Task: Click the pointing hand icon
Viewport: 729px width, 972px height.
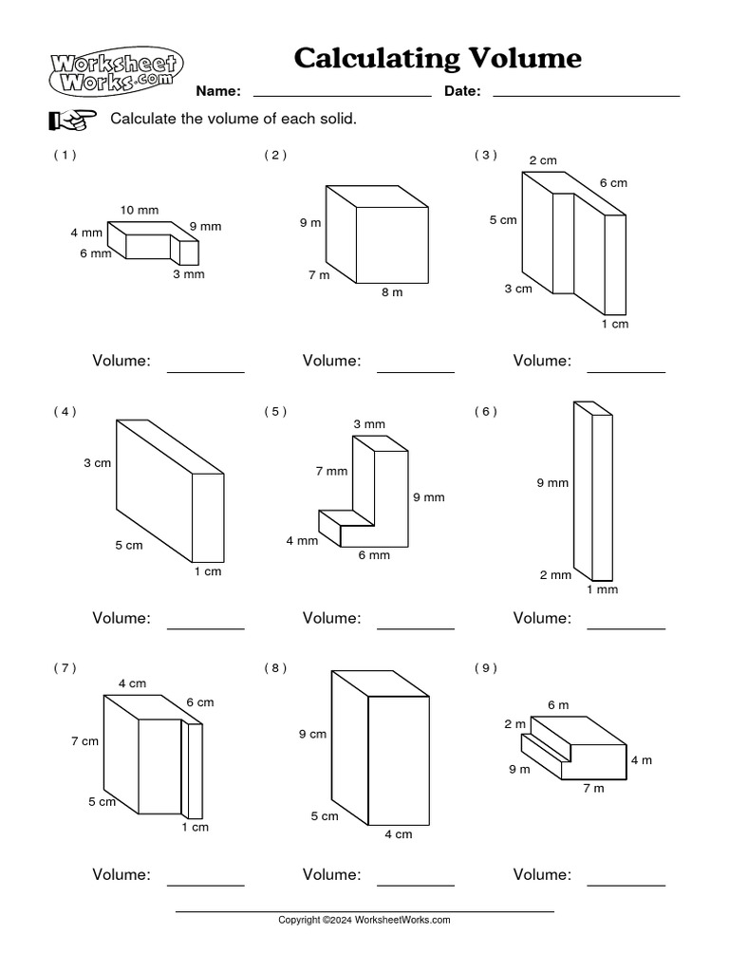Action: click(x=72, y=120)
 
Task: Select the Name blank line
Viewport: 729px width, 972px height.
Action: click(x=342, y=95)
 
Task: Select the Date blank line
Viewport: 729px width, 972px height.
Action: click(x=586, y=95)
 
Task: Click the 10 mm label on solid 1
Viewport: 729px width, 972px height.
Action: click(x=140, y=209)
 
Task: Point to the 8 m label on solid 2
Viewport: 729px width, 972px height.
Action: click(x=392, y=292)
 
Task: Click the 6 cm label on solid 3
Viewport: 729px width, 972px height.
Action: click(x=612, y=183)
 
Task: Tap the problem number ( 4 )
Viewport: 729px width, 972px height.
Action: click(x=65, y=411)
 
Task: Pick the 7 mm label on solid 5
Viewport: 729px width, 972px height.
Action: click(x=331, y=471)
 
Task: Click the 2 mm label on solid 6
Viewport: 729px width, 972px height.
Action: click(x=555, y=574)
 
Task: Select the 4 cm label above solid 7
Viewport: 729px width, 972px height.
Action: click(x=132, y=683)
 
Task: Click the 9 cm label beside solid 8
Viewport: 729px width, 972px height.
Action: click(x=312, y=734)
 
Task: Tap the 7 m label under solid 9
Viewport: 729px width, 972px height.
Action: click(x=593, y=788)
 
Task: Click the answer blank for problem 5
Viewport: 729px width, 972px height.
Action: click(x=416, y=626)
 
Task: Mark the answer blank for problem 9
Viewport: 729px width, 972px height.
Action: click(x=626, y=884)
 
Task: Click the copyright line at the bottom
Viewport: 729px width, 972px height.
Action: click(x=364, y=920)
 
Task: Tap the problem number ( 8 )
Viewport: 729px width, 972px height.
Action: click(x=275, y=668)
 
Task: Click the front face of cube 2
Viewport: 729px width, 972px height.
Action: click(x=391, y=244)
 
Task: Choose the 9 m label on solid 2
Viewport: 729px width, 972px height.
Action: click(x=309, y=222)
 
